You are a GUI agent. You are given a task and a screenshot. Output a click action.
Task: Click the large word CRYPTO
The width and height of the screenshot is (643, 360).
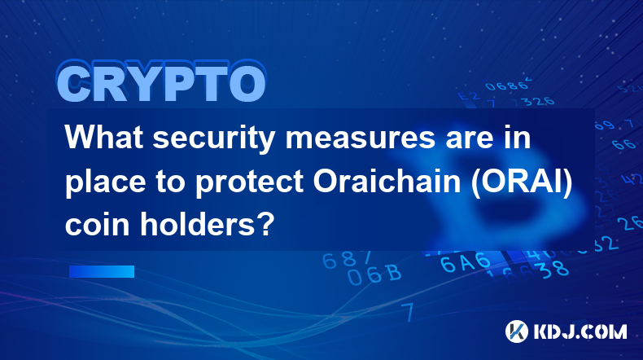tap(162, 82)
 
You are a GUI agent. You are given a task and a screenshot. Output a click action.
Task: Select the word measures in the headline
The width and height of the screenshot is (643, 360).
tap(360, 138)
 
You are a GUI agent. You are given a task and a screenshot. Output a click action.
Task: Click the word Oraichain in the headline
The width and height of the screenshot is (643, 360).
tap(387, 182)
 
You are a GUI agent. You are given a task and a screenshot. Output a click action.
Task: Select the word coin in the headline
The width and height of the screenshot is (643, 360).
tap(98, 225)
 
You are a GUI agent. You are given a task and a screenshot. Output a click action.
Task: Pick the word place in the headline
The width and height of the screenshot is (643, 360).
tap(105, 182)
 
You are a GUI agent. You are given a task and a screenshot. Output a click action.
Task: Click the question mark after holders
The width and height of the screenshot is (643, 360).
tap(266, 224)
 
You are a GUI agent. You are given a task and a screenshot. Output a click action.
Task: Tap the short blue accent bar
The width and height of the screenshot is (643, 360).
tap(102, 271)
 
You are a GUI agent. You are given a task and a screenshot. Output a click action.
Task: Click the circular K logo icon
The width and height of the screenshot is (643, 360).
tap(517, 331)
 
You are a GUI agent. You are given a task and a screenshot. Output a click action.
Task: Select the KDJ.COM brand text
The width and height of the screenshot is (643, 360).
tap(580, 331)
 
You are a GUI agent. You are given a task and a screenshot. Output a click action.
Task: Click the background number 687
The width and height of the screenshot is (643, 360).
tap(347, 260)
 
